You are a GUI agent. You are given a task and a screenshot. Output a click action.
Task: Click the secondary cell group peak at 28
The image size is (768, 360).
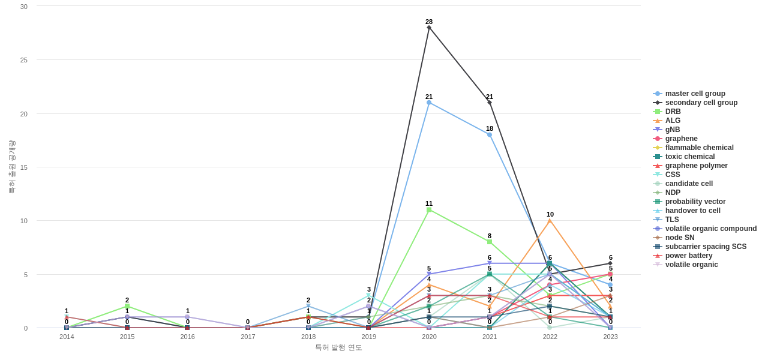click(429, 28)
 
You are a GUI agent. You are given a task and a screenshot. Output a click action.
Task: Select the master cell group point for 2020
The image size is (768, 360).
click(429, 103)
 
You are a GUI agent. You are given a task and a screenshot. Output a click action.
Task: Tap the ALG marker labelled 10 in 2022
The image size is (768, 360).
click(550, 221)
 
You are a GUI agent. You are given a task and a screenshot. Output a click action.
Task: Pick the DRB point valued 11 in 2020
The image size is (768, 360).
click(429, 210)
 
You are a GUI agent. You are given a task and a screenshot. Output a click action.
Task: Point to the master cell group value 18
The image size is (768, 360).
click(490, 135)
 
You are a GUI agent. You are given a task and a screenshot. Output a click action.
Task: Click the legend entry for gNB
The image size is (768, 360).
click(672, 130)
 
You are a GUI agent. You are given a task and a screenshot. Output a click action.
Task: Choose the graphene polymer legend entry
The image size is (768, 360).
click(696, 166)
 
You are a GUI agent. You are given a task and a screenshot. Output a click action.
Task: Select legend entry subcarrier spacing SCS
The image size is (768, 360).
click(706, 247)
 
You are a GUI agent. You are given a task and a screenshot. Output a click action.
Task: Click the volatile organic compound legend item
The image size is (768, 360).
click(710, 229)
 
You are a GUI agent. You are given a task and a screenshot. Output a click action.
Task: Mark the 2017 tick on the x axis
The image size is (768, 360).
click(248, 337)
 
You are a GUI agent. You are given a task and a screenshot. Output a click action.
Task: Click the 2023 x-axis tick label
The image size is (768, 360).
click(610, 337)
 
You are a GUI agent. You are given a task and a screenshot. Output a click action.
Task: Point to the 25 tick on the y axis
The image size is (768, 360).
click(24, 60)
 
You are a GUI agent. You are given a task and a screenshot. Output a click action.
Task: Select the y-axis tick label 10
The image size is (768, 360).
click(24, 221)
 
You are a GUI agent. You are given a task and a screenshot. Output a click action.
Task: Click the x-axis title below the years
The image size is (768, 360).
click(338, 347)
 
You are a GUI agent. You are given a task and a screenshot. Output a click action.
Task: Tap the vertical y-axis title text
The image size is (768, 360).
click(11, 167)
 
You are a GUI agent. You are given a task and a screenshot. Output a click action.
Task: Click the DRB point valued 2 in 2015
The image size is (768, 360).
click(127, 307)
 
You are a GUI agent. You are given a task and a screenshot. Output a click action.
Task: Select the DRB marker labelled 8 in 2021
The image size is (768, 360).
click(490, 242)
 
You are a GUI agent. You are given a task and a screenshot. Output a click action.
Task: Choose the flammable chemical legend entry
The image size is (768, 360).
click(699, 148)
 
